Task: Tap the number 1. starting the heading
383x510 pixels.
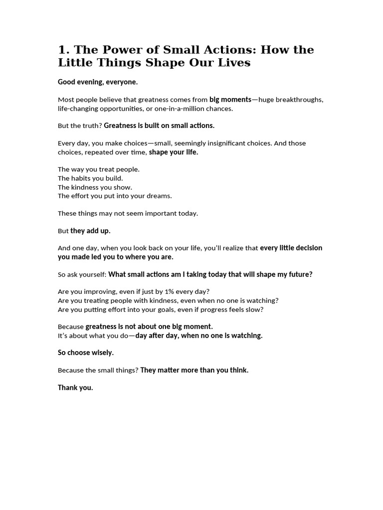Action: click(x=63, y=50)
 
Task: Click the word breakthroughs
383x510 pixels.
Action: click(x=299, y=100)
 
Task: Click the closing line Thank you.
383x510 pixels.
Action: click(x=75, y=387)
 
